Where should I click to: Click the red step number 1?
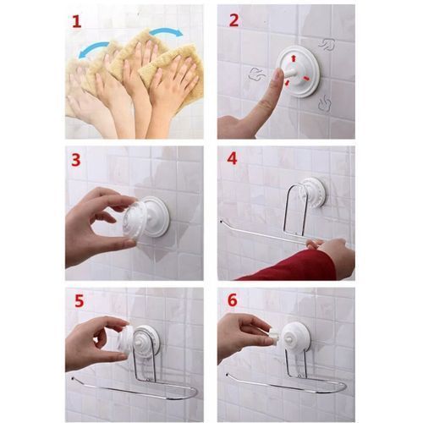77,21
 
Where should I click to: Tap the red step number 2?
233,19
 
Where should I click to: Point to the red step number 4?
232,159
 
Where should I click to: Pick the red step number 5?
79,300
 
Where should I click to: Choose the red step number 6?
233,300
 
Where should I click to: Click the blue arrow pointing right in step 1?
166,31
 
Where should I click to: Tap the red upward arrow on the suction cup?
294,58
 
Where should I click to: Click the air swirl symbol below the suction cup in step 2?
324,103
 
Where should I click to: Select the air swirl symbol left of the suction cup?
256,74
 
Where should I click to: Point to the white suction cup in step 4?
313,192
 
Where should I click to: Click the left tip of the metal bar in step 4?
221,222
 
